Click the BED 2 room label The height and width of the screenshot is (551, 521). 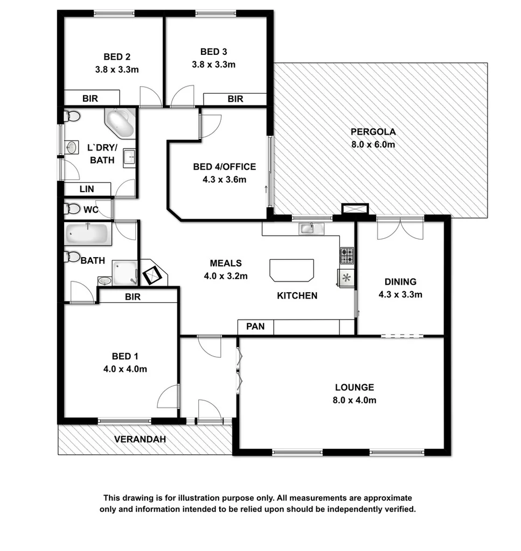click(117, 56)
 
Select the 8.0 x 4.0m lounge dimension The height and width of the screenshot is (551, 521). click(354, 400)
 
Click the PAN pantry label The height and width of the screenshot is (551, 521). click(255, 327)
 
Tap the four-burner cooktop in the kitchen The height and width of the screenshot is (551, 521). click(346, 256)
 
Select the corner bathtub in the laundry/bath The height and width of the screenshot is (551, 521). click(120, 124)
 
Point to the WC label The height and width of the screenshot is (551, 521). click(90, 210)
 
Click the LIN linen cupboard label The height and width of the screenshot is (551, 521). click(87, 189)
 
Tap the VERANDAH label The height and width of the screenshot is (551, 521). click(140, 439)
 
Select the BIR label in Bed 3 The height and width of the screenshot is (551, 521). click(235, 99)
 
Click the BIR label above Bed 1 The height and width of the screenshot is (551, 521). click(133, 296)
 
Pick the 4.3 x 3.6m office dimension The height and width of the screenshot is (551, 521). click(224, 180)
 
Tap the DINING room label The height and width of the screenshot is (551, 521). click(400, 281)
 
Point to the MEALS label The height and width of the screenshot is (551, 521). click(226, 264)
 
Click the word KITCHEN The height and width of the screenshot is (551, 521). click(297, 295)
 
